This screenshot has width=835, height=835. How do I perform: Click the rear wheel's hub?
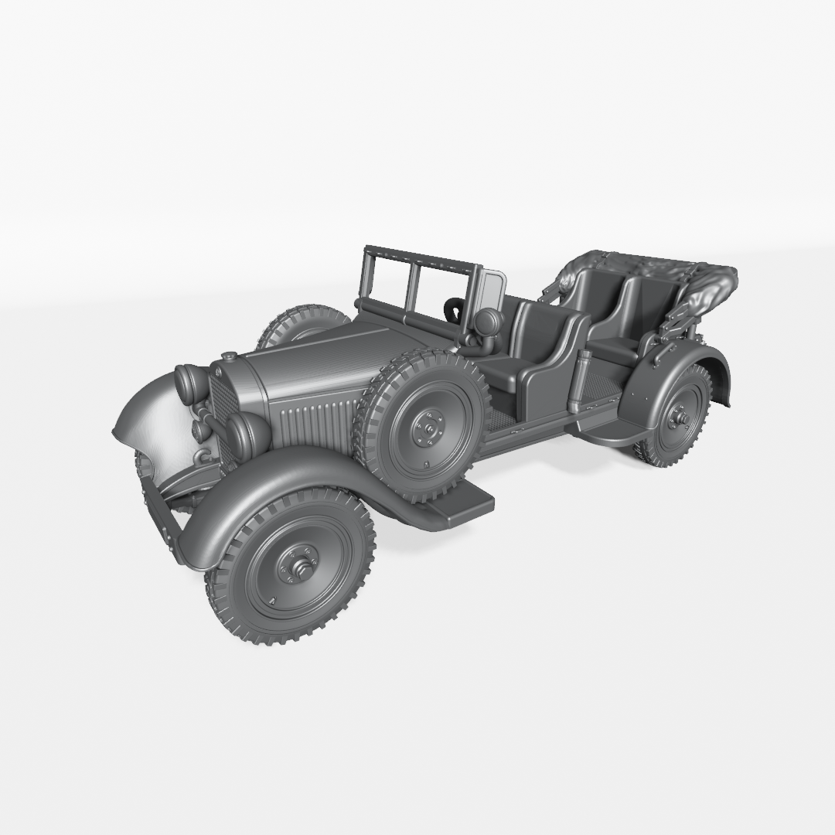tap(681, 419)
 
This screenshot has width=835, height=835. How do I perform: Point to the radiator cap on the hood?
tap(229, 357)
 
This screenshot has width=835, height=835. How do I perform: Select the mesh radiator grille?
tap(224, 405)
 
